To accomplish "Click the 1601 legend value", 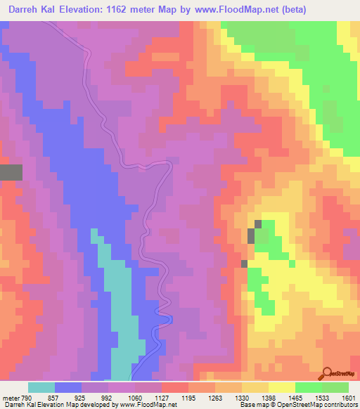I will (x=348, y=398).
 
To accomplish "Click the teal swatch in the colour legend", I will (x=41, y=387).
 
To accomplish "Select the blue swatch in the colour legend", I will (x=68, y=387).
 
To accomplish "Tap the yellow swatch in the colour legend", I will (x=282, y=387).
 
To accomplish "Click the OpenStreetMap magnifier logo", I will (x=327, y=373).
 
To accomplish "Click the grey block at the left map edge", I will (x=11, y=172).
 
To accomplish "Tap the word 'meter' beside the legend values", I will (x=10, y=398).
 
